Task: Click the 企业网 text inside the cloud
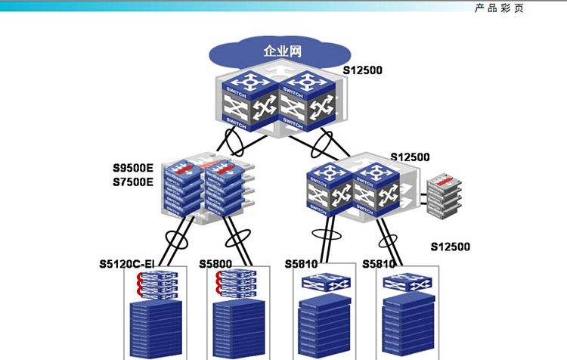[x=281, y=52]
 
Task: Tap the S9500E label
[x=133, y=168]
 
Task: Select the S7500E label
[x=133, y=182]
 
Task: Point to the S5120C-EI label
[x=127, y=264]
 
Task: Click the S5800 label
[x=215, y=264]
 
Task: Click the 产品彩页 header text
[x=499, y=8]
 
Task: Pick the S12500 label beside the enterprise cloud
[x=363, y=71]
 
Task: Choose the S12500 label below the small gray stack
[x=451, y=247]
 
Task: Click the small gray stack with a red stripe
[x=443, y=194]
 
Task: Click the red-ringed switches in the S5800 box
[x=237, y=283]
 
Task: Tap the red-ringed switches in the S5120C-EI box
[x=155, y=283]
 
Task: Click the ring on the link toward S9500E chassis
[x=234, y=141]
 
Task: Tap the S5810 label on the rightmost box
[x=379, y=264]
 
